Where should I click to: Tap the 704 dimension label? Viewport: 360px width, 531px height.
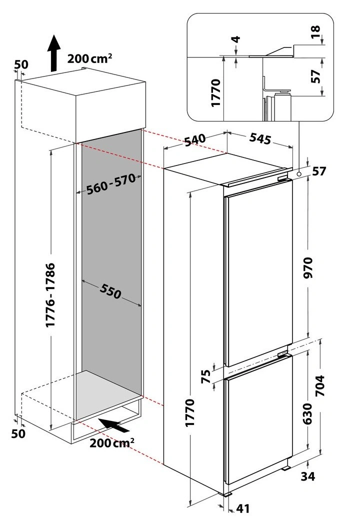point(319,385)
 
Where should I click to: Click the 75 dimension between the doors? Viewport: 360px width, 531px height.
point(205,376)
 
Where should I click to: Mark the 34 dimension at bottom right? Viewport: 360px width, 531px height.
point(308,476)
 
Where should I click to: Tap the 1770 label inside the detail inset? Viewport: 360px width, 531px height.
point(215,93)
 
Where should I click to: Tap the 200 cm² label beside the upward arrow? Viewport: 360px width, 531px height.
point(89,58)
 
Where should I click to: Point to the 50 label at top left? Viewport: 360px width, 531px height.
point(21,64)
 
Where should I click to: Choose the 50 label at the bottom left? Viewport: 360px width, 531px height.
point(18,433)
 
